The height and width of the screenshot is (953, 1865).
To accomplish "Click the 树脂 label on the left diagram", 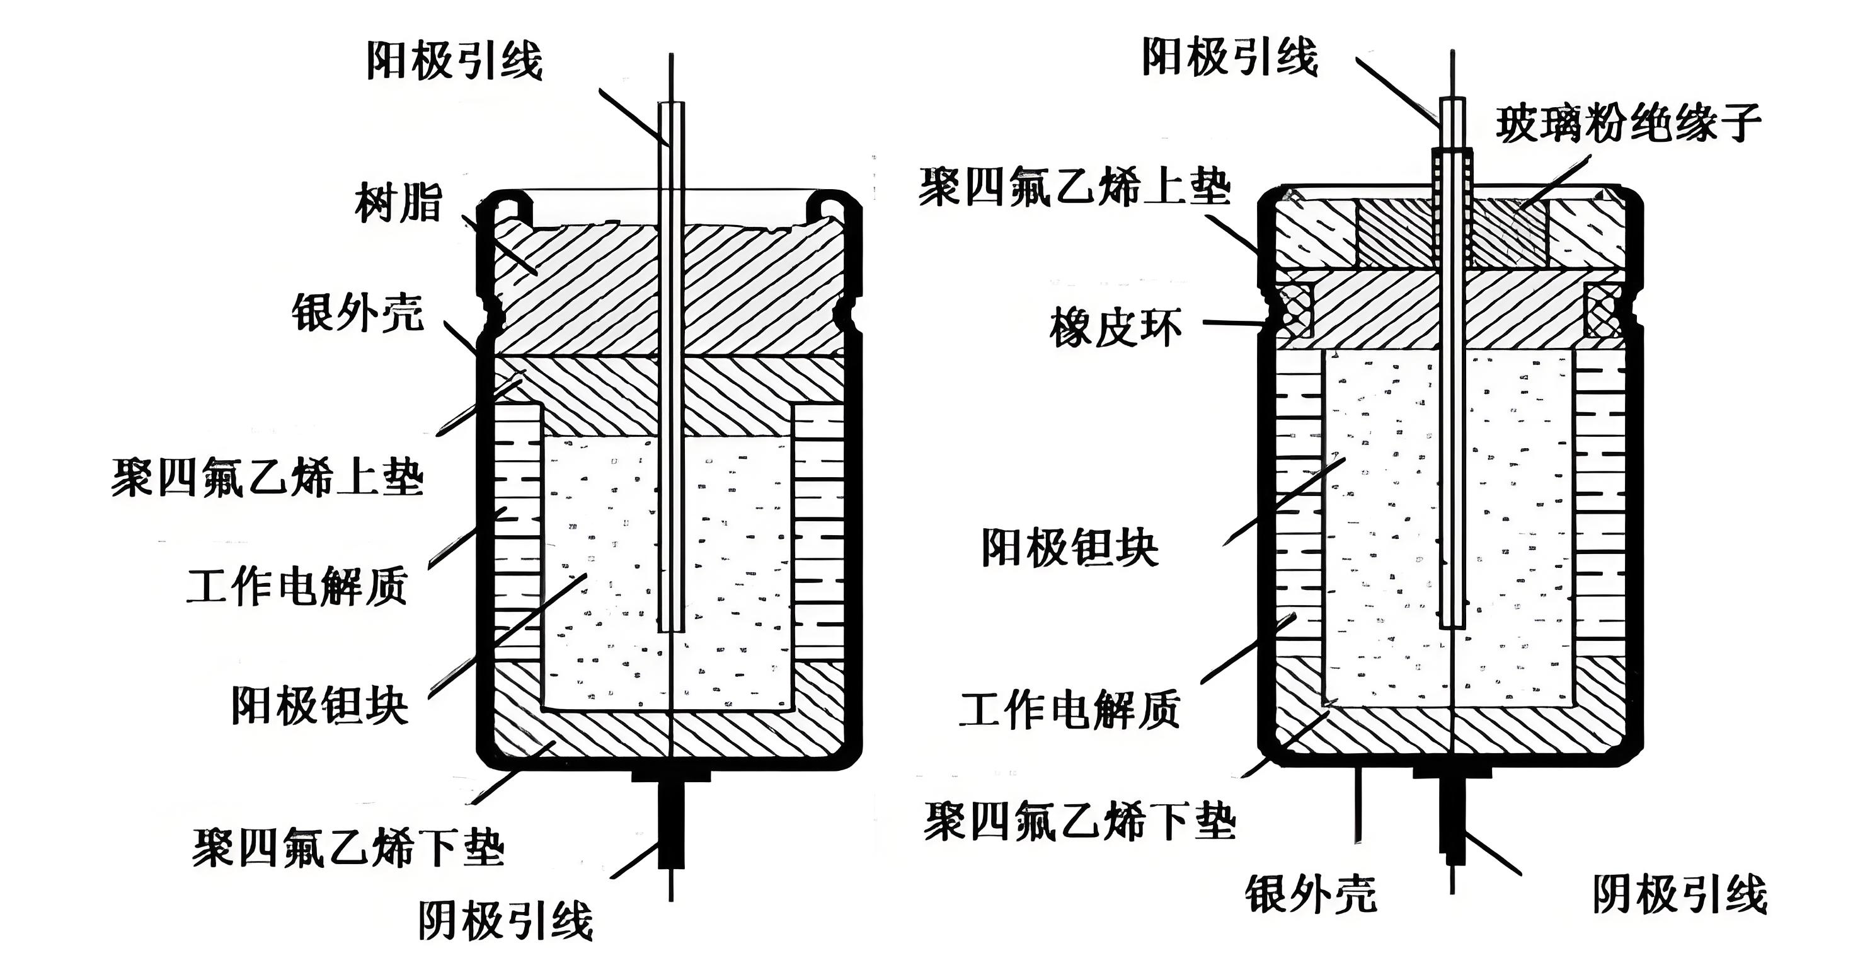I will (398, 202).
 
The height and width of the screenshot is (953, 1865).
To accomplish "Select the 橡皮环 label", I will (1116, 327).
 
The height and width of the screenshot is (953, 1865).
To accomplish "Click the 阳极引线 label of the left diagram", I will (454, 59).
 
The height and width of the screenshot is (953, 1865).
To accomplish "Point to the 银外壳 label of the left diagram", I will (358, 313).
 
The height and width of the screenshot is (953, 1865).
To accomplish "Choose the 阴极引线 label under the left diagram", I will (505, 920).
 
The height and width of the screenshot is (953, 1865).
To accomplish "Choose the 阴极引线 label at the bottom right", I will (1680, 894).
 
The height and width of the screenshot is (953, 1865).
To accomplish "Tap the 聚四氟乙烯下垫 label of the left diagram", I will (348, 846).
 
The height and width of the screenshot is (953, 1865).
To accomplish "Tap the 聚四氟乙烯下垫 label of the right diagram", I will (1079, 821).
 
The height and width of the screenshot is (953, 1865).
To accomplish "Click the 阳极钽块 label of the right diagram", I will (1069, 548).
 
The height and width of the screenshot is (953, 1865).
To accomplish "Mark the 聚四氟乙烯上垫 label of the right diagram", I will (1074, 186).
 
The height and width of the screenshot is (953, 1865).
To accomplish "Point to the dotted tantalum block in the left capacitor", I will (601, 572).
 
